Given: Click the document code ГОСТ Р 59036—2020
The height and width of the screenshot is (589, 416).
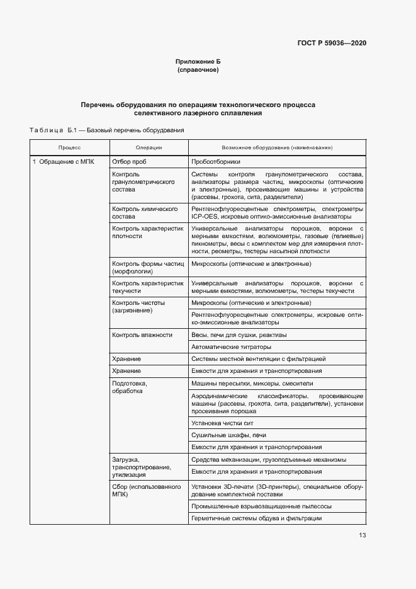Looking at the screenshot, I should [332, 43].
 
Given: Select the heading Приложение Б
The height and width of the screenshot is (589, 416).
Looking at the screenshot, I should [198, 62].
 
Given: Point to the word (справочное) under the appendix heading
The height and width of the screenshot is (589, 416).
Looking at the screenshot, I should [198, 70].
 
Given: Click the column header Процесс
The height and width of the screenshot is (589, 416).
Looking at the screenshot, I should [69, 147].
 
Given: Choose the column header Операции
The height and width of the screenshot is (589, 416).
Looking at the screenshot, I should [149, 147].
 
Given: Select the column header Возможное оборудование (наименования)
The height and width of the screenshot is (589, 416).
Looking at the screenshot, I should [277, 147].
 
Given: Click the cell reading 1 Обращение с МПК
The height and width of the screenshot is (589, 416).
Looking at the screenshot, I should [64, 162].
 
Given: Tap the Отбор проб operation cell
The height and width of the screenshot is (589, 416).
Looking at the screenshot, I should [129, 162].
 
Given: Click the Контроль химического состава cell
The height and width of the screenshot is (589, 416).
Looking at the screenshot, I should [144, 212].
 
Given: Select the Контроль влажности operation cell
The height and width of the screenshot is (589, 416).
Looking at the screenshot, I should [142, 335].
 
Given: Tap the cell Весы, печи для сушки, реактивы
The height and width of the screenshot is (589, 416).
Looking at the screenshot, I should [239, 335].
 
